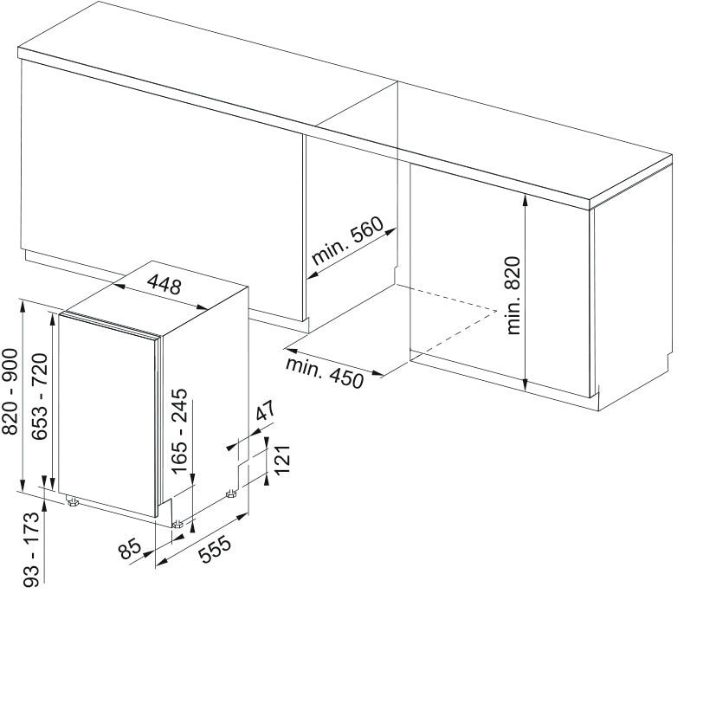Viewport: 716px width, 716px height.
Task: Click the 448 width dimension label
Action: pyautogui.click(x=164, y=285)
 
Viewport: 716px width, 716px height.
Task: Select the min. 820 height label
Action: pyautogui.click(x=513, y=295)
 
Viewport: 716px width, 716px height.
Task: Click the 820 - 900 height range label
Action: pyautogui.click(x=10, y=391)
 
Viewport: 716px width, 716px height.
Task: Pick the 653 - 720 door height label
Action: pyautogui.click(x=40, y=396)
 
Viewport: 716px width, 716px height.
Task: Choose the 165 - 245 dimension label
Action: pyautogui.click(x=179, y=430)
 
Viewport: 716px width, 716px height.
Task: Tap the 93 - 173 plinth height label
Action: pyautogui.click(x=31, y=549)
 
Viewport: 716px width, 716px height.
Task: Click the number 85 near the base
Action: pyautogui.click(x=129, y=549)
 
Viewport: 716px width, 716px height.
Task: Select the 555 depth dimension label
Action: pyautogui.click(x=215, y=549)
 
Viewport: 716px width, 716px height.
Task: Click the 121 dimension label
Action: pyautogui.click(x=282, y=460)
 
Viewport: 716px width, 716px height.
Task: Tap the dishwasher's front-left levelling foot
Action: pyautogui.click(x=73, y=502)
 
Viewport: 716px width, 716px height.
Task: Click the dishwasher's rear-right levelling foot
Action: pyautogui.click(x=231, y=494)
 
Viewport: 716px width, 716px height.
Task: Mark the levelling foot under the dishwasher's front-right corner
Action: pyautogui.click(x=178, y=524)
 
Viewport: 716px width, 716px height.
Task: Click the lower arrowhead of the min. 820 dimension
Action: pyautogui.click(x=526, y=385)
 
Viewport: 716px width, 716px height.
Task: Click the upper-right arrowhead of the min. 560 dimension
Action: pyautogui.click(x=390, y=231)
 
